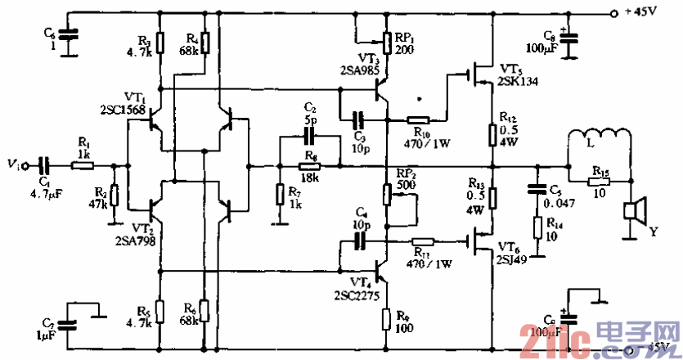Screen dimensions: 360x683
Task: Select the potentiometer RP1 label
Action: (403, 37)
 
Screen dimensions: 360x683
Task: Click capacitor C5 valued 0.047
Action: (537, 187)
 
